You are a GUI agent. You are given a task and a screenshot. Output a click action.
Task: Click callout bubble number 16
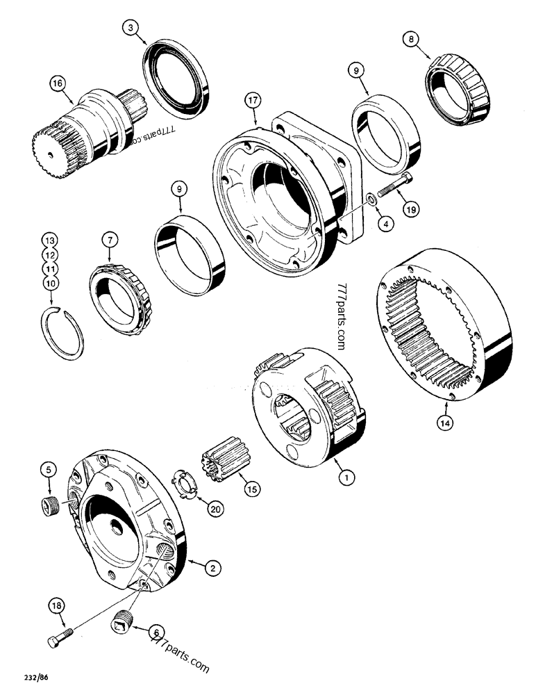[x=57, y=83]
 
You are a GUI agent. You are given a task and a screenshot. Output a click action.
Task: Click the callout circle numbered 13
[x=50, y=240]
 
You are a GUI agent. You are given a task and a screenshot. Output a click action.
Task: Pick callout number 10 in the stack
[x=50, y=283]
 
